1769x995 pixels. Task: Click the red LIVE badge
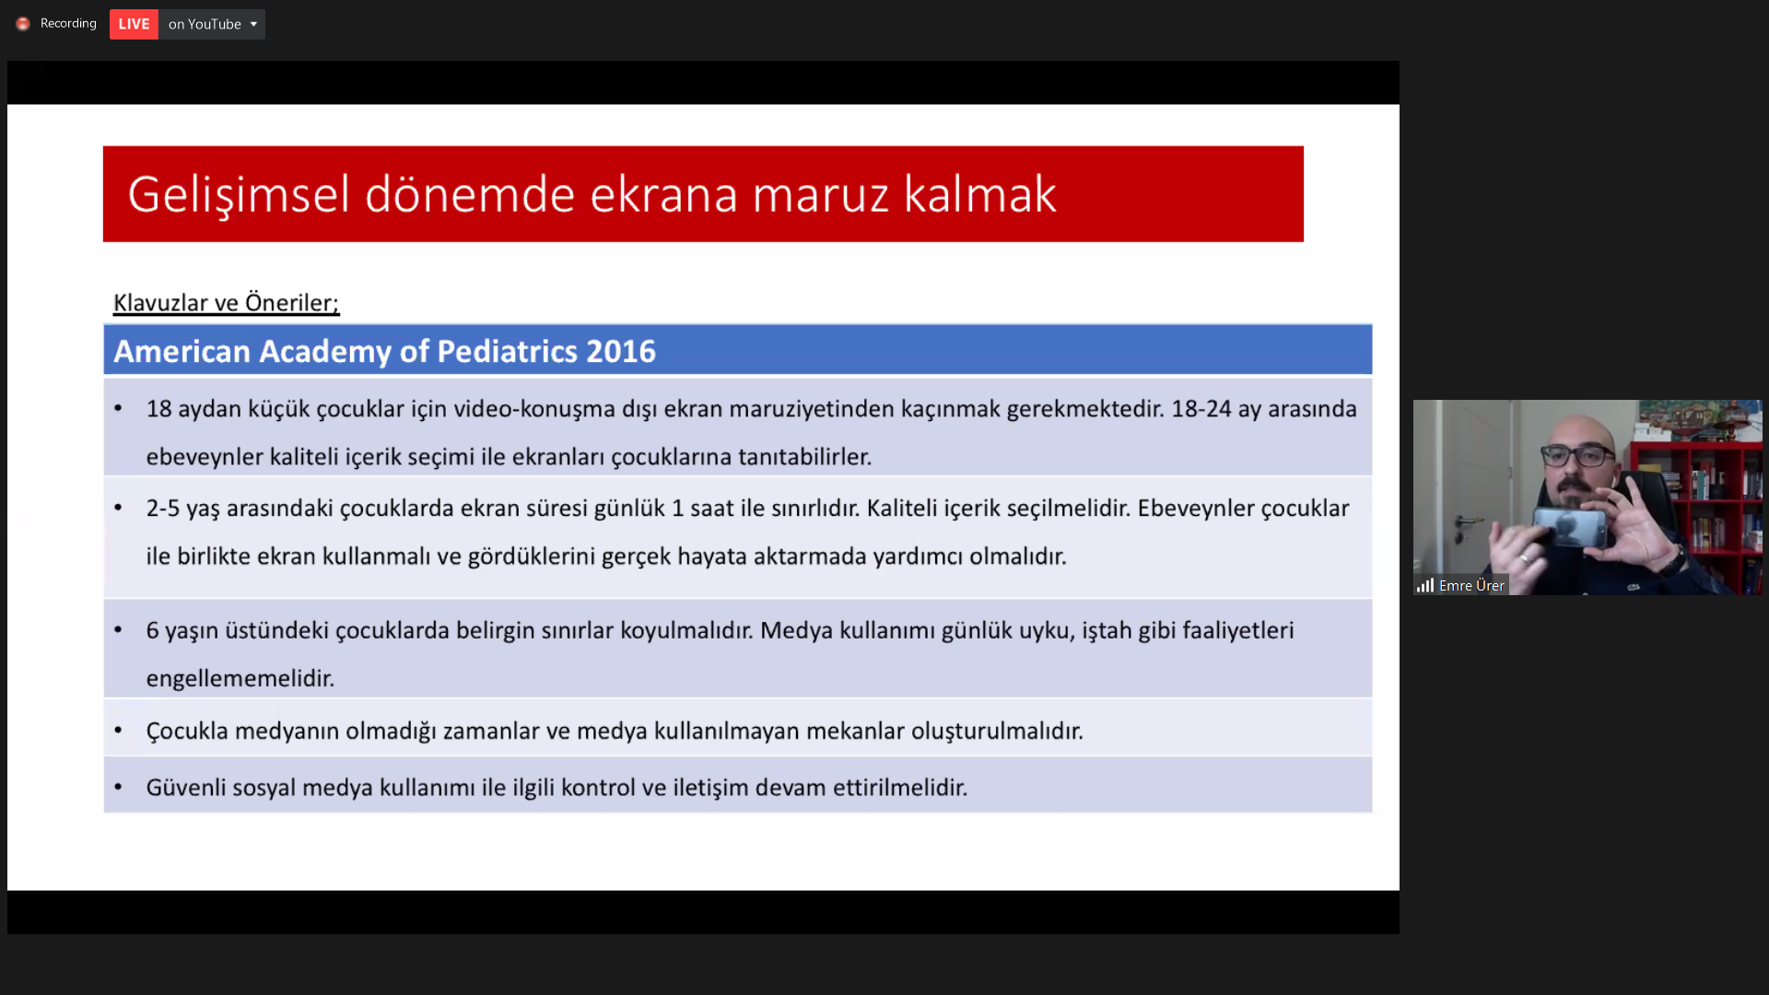point(134,24)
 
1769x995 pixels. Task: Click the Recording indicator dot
point(23,24)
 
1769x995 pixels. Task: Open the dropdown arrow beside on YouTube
point(253,24)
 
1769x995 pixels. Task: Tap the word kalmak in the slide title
point(979,194)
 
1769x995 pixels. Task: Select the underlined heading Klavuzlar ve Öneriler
point(226,302)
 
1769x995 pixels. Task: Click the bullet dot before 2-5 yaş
point(118,507)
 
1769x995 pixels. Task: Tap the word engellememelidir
point(240,679)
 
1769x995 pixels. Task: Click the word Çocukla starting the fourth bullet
point(187,732)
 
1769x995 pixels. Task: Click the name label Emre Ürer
point(1471,586)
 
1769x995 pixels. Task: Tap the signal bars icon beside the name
point(1425,586)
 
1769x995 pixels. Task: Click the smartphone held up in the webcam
point(1571,528)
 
